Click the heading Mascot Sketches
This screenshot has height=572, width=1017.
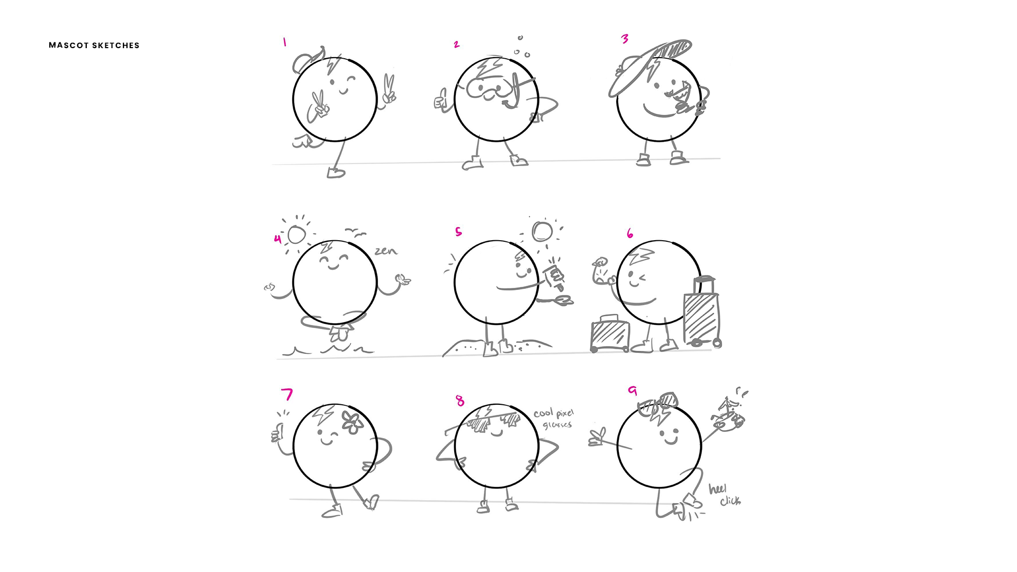pyautogui.click(x=94, y=46)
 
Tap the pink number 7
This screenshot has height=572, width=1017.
pyautogui.click(x=287, y=394)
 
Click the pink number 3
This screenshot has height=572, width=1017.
pyautogui.click(x=625, y=39)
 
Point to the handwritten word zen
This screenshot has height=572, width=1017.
pyautogui.click(x=386, y=251)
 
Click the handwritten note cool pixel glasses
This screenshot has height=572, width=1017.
pyautogui.click(x=554, y=419)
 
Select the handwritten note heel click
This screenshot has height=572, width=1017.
pyautogui.click(x=725, y=495)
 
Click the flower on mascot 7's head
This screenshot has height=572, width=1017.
pyautogui.click(x=352, y=422)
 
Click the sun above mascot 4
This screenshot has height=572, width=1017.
pyautogui.click(x=296, y=234)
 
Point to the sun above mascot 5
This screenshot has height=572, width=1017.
pyautogui.click(x=542, y=231)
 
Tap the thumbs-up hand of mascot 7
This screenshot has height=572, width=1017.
pyautogui.click(x=277, y=432)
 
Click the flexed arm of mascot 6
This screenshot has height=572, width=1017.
pyautogui.click(x=603, y=272)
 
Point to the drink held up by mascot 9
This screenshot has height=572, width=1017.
pyautogui.click(x=730, y=417)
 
